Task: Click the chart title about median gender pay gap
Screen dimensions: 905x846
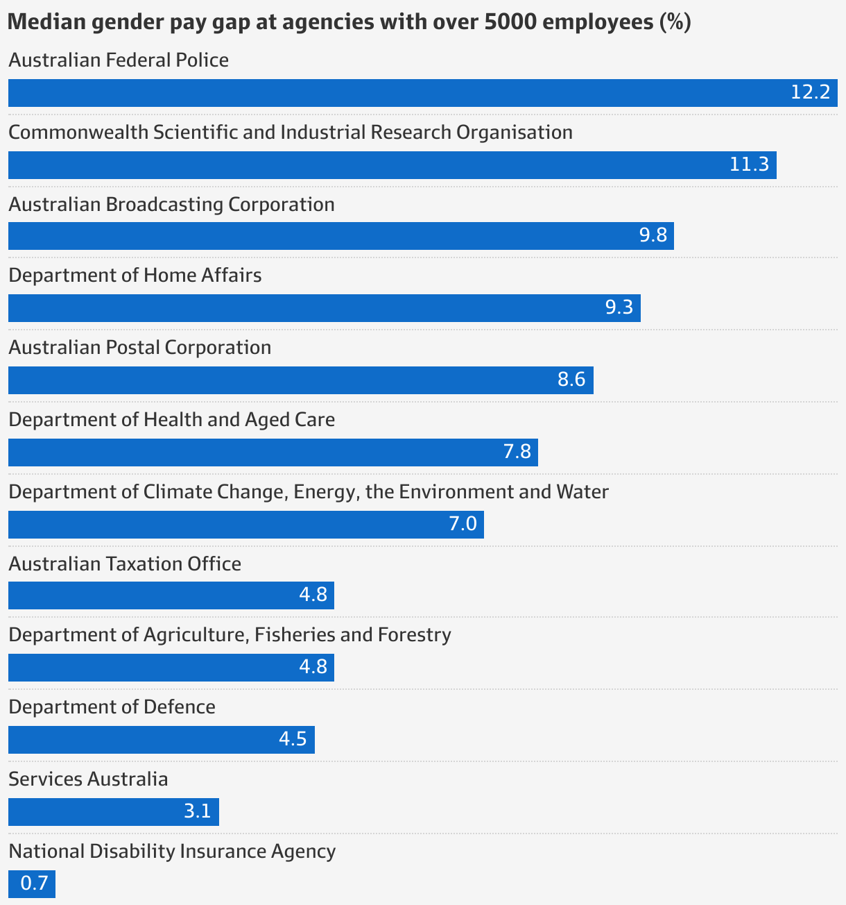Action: pyautogui.click(x=349, y=22)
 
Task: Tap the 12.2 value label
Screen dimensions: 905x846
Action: pyautogui.click(x=810, y=92)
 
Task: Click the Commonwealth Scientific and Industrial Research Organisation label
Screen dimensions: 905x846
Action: pyautogui.click(x=291, y=132)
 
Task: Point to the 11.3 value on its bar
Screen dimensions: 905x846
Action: pyautogui.click(x=749, y=164)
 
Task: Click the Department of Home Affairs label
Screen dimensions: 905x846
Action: pyautogui.click(x=135, y=276)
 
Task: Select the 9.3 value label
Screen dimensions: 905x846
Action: pyautogui.click(x=619, y=307)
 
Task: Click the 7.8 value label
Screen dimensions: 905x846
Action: pyautogui.click(x=517, y=452)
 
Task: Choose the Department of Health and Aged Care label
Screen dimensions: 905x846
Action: pyautogui.click(x=171, y=420)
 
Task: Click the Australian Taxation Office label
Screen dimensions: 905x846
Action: pyautogui.click(x=125, y=564)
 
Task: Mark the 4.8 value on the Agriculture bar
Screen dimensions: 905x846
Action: pyautogui.click(x=313, y=667)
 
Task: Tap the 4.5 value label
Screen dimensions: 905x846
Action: pyautogui.click(x=293, y=739)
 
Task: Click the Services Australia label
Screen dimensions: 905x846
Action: pyautogui.click(x=88, y=779)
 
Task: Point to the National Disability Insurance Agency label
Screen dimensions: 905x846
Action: pyautogui.click(x=172, y=852)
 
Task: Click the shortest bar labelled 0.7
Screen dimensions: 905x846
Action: pyautogui.click(x=32, y=884)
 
